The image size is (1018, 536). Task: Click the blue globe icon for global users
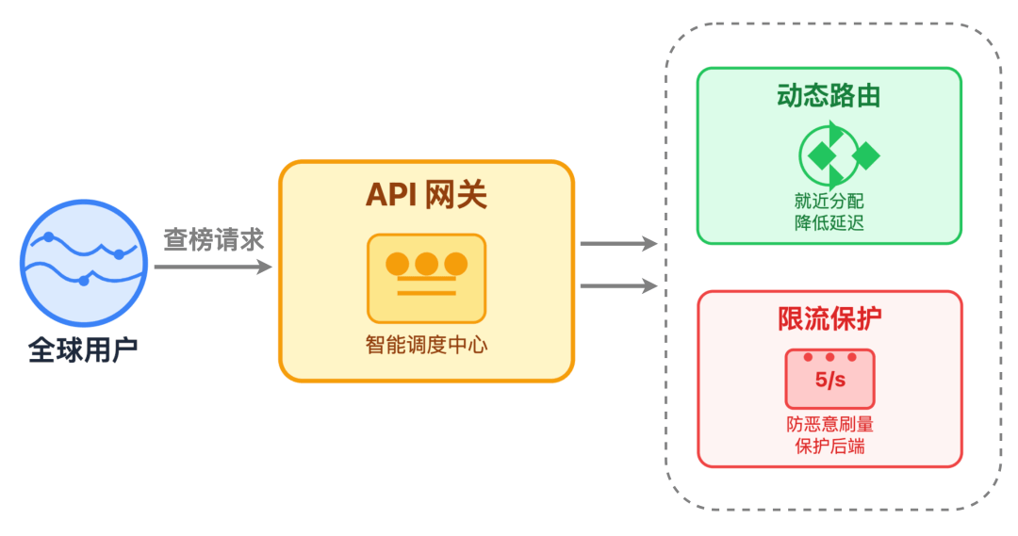(82, 258)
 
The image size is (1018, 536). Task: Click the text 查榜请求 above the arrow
(214, 238)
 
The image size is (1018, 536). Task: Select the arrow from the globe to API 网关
(213, 268)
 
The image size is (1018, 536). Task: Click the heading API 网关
(426, 195)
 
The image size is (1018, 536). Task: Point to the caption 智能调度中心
(426, 345)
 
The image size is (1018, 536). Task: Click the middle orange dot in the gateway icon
(427, 264)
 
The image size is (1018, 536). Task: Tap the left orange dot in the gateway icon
(398, 264)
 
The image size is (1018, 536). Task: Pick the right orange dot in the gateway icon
(456, 264)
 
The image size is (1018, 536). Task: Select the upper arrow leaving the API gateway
(617, 244)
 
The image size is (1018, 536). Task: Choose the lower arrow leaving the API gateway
(617, 284)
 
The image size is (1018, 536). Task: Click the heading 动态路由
(829, 96)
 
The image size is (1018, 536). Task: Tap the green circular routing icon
(829, 155)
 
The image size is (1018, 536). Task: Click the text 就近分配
(829, 203)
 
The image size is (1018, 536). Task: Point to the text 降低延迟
(829, 223)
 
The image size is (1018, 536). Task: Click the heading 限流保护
(829, 319)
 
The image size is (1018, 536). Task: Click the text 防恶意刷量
(829, 425)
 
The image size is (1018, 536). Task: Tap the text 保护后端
(829, 446)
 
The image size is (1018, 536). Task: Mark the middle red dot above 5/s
(829, 358)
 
